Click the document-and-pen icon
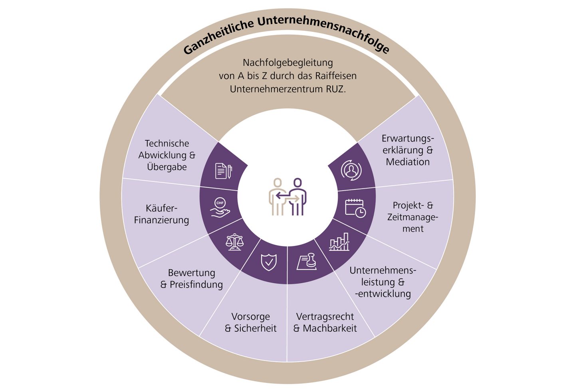[x=223, y=171]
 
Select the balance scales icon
[x=234, y=242]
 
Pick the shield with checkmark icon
[x=268, y=262]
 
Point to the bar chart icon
[x=339, y=242]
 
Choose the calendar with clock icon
[x=355, y=208]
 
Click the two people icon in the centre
[x=287, y=197]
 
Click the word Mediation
[x=408, y=162]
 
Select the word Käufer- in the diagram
[x=161, y=208]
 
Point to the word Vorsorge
[x=250, y=317]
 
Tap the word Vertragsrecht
[x=325, y=317]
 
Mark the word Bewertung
[x=191, y=273]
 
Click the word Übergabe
[x=167, y=167]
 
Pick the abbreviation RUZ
[x=335, y=89]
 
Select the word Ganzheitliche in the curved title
[x=218, y=37]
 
